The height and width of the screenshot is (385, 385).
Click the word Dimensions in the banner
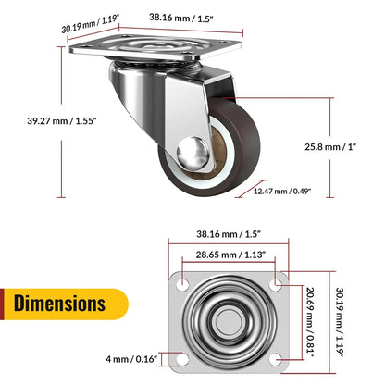coord(59,303)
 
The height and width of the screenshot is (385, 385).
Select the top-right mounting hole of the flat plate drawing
coord(281,280)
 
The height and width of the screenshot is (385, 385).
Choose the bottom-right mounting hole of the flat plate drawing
coord(281,358)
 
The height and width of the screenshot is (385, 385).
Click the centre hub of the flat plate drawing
coord(232,320)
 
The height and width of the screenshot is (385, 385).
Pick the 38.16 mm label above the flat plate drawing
coord(232,234)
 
